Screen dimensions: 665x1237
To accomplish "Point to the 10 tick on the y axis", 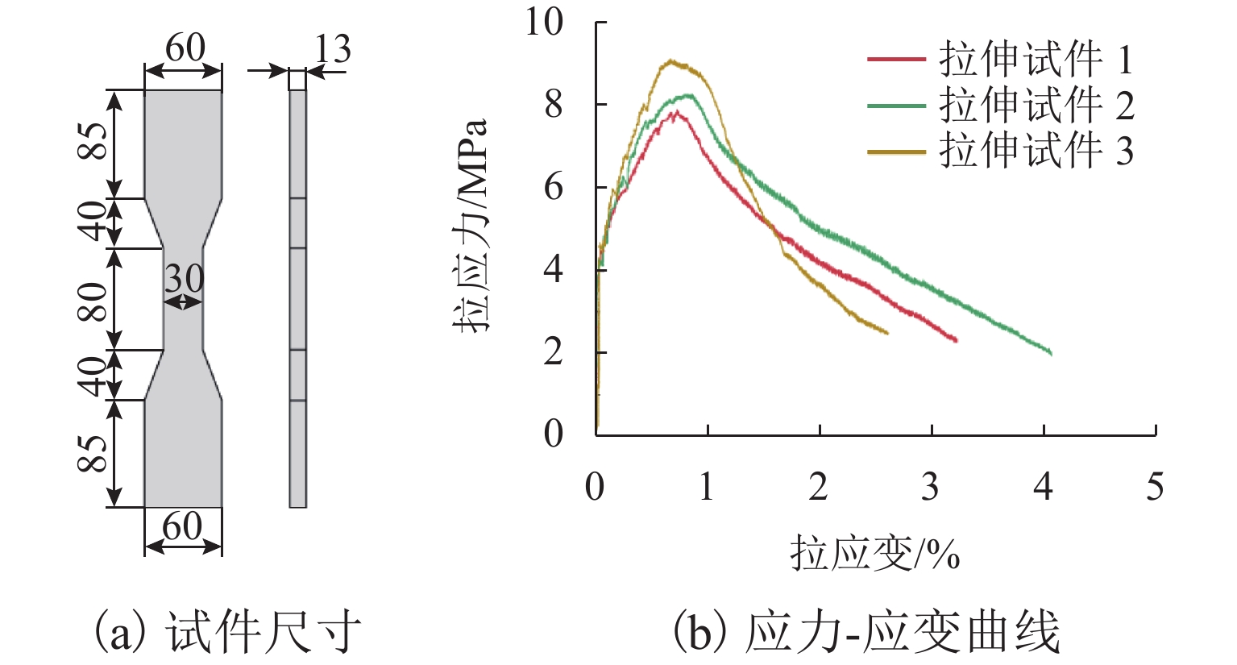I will click(x=545, y=21).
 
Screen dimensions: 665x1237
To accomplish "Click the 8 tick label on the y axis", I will click(x=553, y=105).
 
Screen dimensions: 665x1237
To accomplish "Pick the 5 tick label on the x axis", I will click(x=1155, y=487).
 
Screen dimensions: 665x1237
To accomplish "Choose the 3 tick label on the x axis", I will click(x=931, y=487).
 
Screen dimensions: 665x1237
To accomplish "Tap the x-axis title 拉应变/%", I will click(x=874, y=554).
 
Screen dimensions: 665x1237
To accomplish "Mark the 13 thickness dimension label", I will click(x=332, y=50).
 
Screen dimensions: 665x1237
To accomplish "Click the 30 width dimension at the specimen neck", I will click(x=185, y=279).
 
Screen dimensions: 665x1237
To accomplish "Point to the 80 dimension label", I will click(x=93, y=300).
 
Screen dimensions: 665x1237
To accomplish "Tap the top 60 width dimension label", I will click(x=185, y=48).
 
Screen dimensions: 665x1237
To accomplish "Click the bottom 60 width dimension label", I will click(x=182, y=526).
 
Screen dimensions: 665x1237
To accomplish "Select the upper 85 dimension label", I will click(x=93, y=142).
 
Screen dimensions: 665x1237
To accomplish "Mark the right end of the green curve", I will click(x=1051, y=353).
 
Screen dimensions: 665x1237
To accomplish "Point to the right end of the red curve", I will click(x=956, y=341).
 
